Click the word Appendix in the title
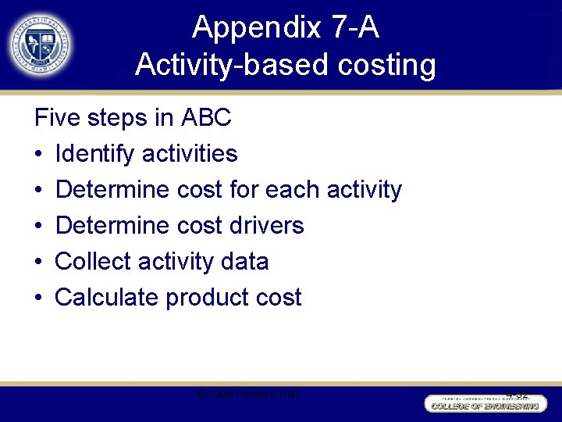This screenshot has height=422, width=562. click(x=257, y=27)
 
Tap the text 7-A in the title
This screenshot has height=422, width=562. click(x=354, y=27)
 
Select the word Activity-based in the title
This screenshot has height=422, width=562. click(x=233, y=64)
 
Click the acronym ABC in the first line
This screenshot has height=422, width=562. click(x=206, y=118)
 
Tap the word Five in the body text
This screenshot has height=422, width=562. click(x=59, y=118)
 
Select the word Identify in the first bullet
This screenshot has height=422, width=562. click(x=95, y=154)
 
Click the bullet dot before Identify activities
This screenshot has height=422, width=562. click(x=39, y=154)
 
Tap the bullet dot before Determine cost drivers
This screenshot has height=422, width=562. click(x=39, y=226)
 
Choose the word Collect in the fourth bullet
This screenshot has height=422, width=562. click(x=92, y=261)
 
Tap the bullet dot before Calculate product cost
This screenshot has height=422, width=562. click(x=39, y=298)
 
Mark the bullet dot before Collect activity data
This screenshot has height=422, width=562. click(x=39, y=262)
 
